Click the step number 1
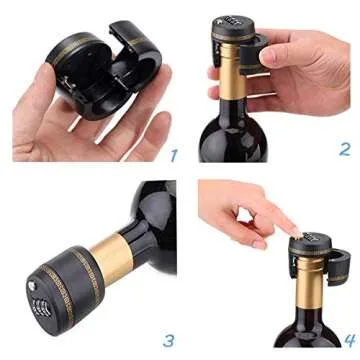click(x=173, y=156)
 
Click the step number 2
click(x=344, y=150)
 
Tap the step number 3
click(x=170, y=340)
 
